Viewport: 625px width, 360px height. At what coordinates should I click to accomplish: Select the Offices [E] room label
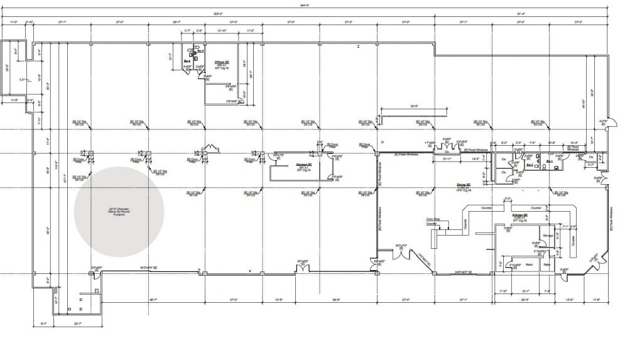click(221, 62)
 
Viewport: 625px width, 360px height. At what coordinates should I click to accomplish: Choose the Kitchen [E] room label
click(521, 215)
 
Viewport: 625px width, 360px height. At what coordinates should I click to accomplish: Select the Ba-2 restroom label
click(530, 165)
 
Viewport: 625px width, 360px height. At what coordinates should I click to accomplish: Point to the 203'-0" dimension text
click(218, 13)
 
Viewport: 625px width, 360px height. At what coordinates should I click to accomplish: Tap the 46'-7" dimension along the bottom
click(153, 300)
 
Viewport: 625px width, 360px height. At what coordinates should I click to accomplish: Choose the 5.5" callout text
click(22, 80)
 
